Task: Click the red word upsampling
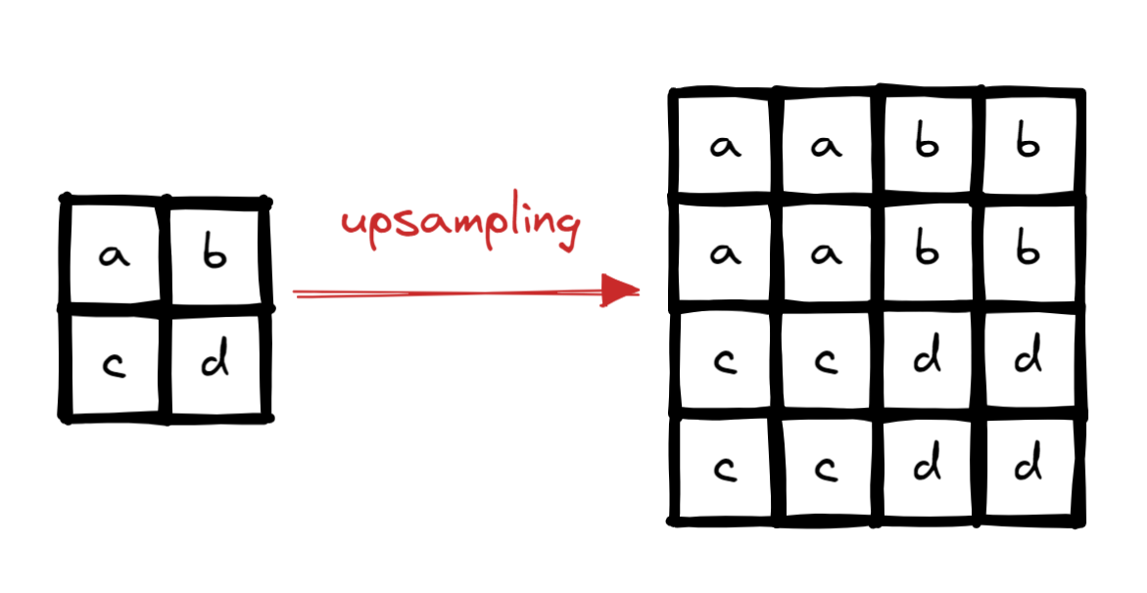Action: pyautogui.click(x=459, y=224)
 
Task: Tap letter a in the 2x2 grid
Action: pyautogui.click(x=116, y=256)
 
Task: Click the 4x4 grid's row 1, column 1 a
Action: pyautogui.click(x=725, y=147)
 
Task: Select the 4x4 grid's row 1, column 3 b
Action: pyautogui.click(x=927, y=144)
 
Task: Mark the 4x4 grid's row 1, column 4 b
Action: pyautogui.click(x=1028, y=144)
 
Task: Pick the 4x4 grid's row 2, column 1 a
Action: pyautogui.click(x=725, y=253)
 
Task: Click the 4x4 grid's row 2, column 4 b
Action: pyautogui.click(x=1028, y=251)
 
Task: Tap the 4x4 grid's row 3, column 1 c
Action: pyautogui.click(x=725, y=363)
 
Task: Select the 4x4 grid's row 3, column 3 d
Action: pyautogui.click(x=927, y=360)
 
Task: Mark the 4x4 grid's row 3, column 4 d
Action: pyautogui.click(x=1028, y=360)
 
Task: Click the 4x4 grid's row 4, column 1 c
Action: pyautogui.click(x=725, y=471)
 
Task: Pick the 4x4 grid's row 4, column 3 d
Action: pyautogui.click(x=927, y=468)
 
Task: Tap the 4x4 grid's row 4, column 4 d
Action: pyautogui.click(x=1028, y=468)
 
